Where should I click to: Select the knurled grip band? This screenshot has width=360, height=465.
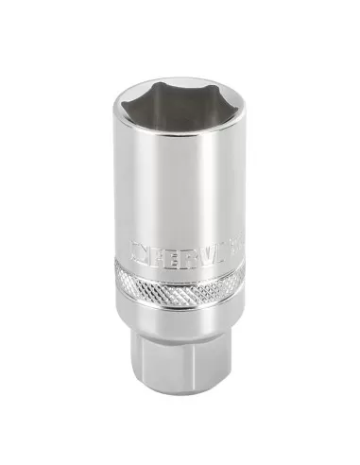(x=180, y=287)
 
